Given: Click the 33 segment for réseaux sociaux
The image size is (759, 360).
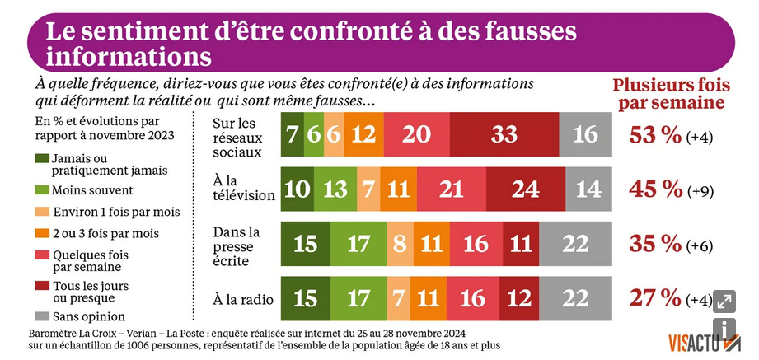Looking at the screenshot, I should tap(504, 135).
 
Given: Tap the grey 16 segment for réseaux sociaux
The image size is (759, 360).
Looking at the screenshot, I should tap(585, 135).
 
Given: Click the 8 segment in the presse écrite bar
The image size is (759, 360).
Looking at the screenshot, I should tap(399, 244).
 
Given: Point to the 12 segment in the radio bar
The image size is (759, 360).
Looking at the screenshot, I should tap(519, 298).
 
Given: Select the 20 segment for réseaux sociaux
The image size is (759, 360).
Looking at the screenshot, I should tap(416, 135).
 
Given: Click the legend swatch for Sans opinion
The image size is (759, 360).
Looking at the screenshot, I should tap(41, 316).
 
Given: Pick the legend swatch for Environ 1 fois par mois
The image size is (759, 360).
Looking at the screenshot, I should tap(41, 212).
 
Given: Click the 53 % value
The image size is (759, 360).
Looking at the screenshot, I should tap(654, 136).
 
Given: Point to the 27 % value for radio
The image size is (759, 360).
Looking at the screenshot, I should tap(654, 298).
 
